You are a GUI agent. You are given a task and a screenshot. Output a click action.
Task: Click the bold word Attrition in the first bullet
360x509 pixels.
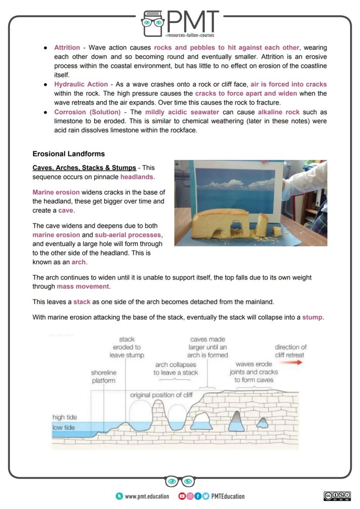67,47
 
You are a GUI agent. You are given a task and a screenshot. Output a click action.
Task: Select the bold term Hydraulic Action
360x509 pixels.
81,84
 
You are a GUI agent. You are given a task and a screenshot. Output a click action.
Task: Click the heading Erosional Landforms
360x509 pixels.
68,154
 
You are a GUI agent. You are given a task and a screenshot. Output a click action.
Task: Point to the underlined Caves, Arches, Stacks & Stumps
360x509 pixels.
84,168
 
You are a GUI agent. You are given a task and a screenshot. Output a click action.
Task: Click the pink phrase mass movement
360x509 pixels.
83,286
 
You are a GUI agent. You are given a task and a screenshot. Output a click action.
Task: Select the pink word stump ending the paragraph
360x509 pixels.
312,317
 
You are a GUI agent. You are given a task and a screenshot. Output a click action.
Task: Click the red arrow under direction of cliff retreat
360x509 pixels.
293,363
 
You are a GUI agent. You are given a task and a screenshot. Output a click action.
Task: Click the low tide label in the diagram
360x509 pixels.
63,427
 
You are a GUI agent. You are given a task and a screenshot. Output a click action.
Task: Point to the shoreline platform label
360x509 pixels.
103,376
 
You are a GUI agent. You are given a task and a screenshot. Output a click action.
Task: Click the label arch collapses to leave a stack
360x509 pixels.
175,369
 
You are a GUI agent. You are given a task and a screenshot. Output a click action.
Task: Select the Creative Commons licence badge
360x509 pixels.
337,496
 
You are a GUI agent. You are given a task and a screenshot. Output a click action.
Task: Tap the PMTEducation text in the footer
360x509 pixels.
227,496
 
